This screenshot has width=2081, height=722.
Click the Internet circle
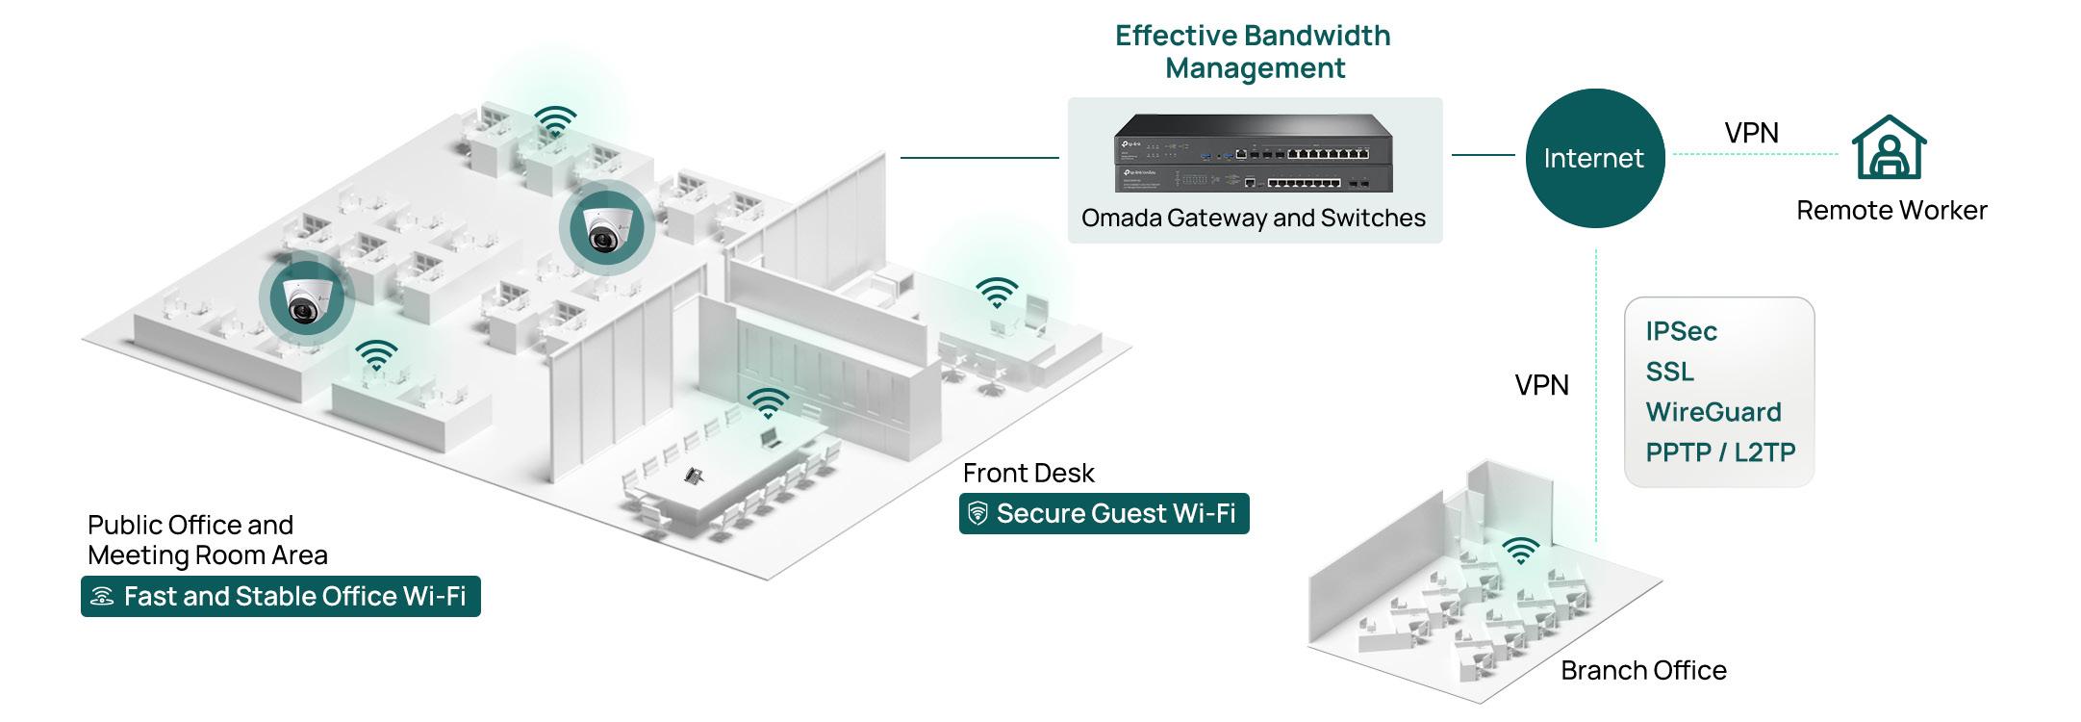tap(1594, 158)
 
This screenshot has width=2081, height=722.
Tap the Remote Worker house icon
tap(1890, 148)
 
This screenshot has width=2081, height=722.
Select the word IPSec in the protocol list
tap(1681, 331)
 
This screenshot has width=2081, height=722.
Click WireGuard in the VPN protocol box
tap(1713, 412)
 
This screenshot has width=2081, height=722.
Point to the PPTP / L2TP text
tap(1720, 452)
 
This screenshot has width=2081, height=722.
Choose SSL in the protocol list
tap(1669, 372)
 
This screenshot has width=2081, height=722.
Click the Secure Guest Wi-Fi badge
tap(1104, 513)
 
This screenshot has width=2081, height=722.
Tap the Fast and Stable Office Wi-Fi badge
tap(280, 597)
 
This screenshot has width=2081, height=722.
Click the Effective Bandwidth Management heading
tap(1254, 52)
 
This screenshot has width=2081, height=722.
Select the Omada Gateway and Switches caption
tap(1254, 218)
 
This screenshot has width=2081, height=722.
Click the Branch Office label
tap(1643, 670)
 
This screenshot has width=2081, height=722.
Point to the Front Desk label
tap(1028, 473)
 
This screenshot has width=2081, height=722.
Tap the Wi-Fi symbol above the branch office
tap(1520, 551)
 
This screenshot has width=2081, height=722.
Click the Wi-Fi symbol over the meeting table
tap(768, 402)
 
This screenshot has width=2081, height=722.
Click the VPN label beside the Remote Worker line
tap(1751, 133)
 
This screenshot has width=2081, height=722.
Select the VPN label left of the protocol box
tap(1541, 385)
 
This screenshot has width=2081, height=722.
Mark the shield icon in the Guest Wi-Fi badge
tap(977, 513)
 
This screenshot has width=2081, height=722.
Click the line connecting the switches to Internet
tap(1483, 155)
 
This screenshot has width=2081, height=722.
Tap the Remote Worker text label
tap(1891, 210)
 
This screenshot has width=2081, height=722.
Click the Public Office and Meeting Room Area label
tap(208, 539)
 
